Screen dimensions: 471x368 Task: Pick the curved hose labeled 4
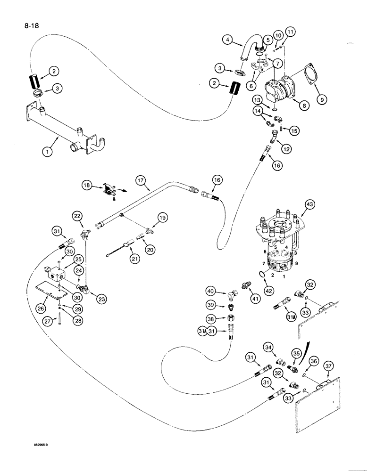[247, 49]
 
